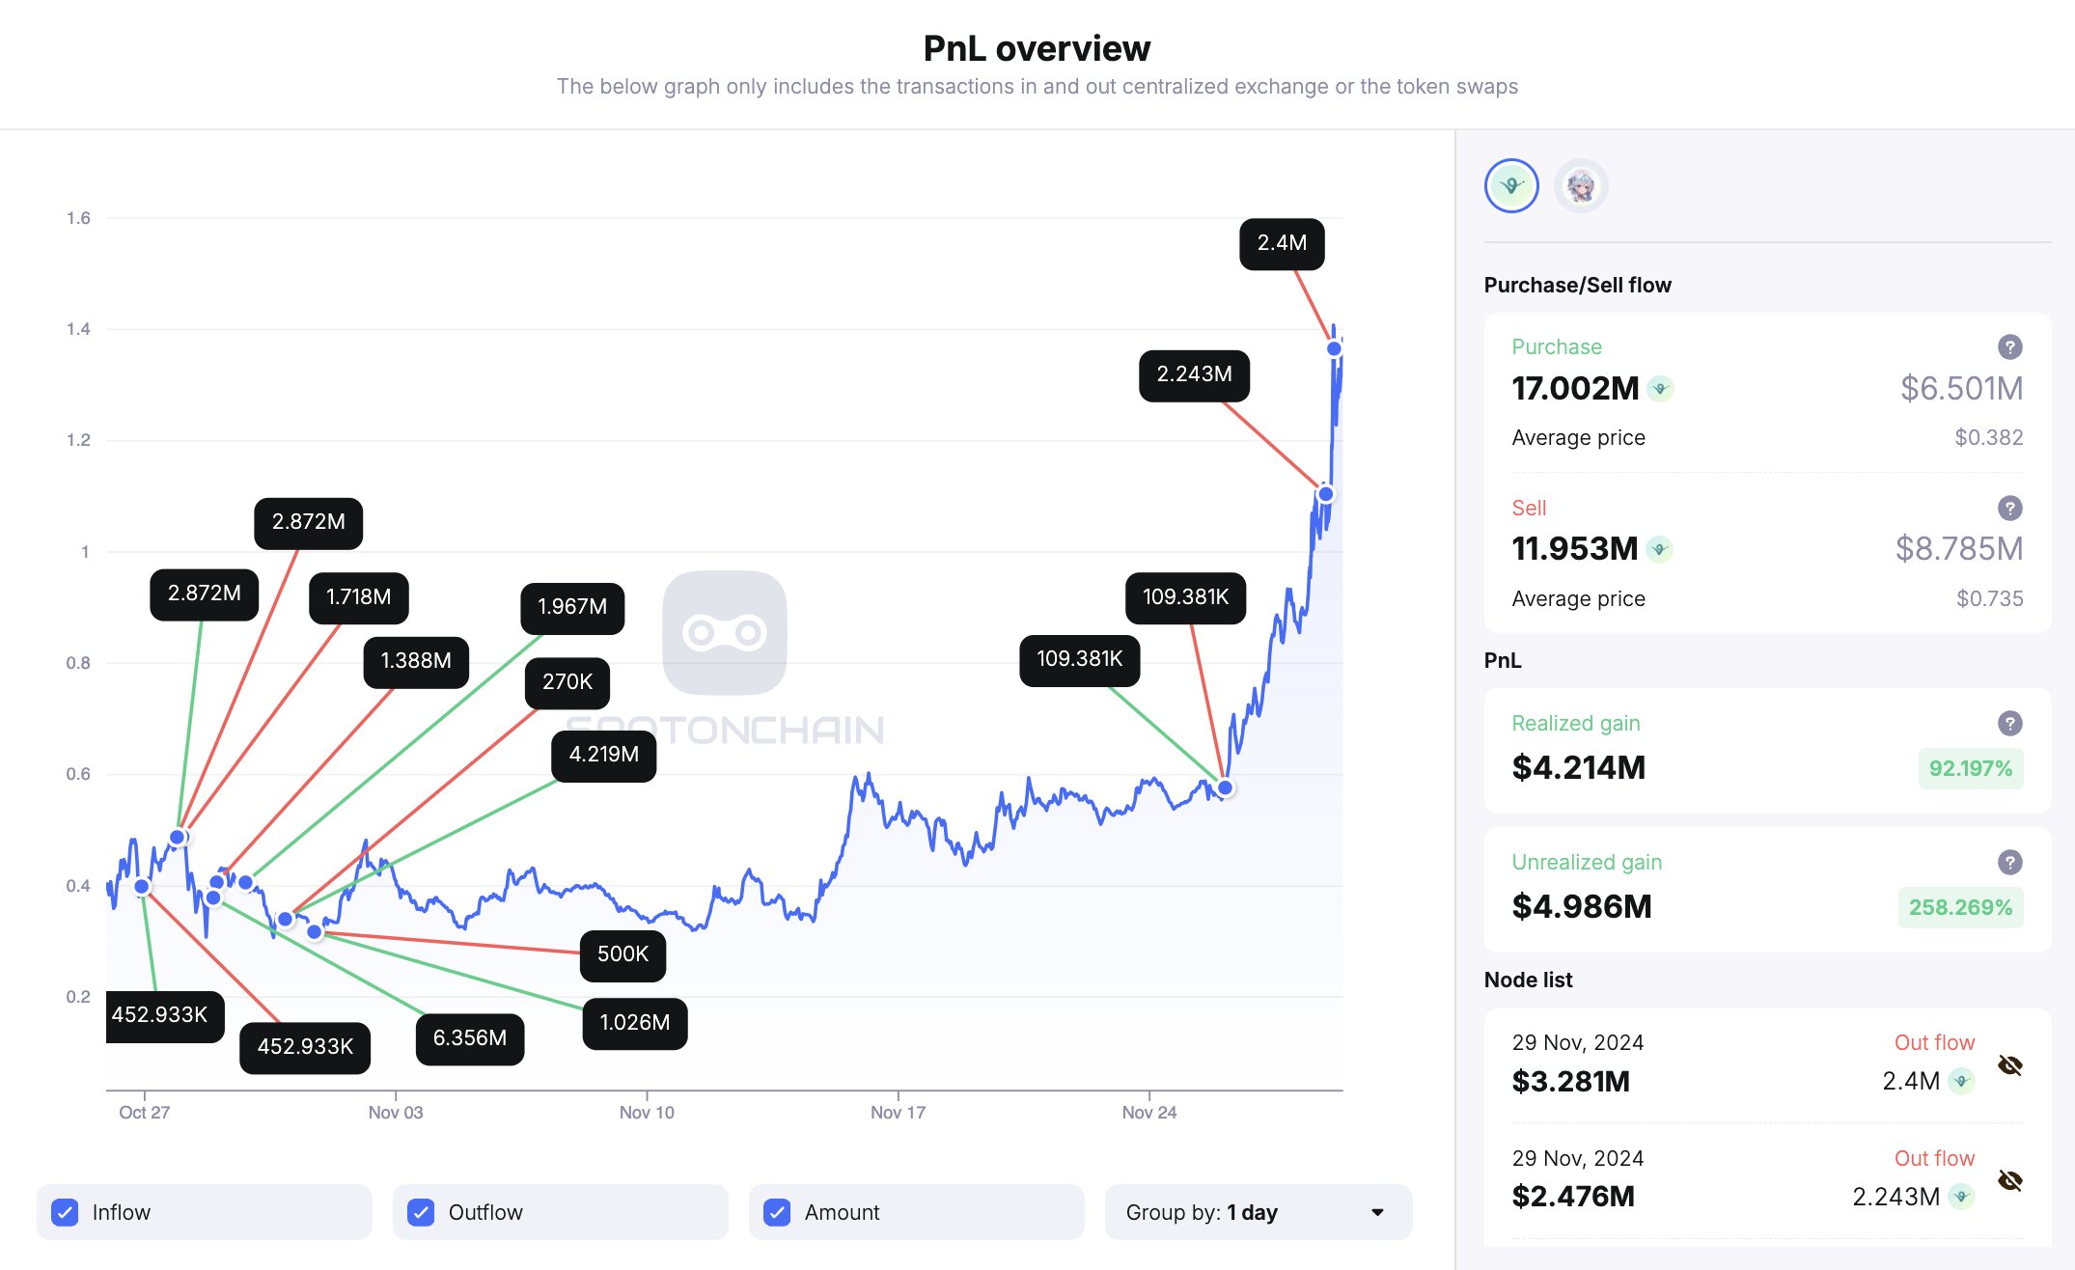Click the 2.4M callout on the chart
click(x=1281, y=243)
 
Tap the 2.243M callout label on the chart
click(x=1194, y=374)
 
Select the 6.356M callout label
click(x=469, y=1038)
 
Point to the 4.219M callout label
click(x=603, y=755)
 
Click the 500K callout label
click(x=622, y=954)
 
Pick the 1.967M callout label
click(x=572, y=607)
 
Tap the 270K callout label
click(x=567, y=682)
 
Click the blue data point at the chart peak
click(x=1334, y=348)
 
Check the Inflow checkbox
click(x=65, y=1212)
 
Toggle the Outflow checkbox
click(x=421, y=1212)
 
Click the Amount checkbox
click(x=777, y=1212)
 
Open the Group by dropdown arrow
click(x=1377, y=1212)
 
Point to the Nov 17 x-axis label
click(x=898, y=1113)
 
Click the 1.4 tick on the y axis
click(x=78, y=329)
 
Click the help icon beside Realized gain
click(x=2009, y=723)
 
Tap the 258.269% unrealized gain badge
click(x=1960, y=907)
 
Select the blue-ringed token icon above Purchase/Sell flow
click(x=1511, y=185)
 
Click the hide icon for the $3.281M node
click(x=2009, y=1065)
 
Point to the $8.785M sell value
click(x=1959, y=548)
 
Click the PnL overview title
click(x=1037, y=48)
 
